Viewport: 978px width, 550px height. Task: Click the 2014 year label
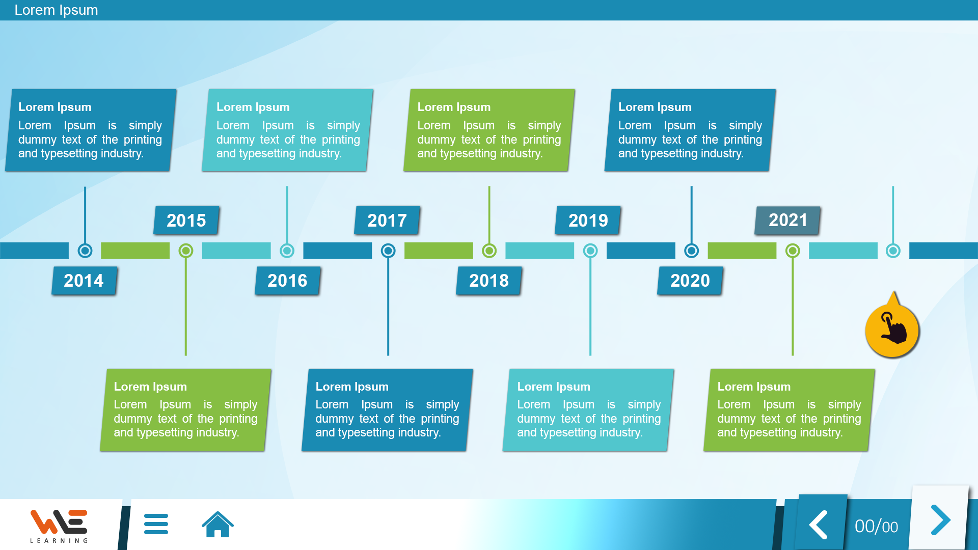[84, 281]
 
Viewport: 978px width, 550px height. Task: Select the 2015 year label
[186, 221]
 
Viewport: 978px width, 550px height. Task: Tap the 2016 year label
[287, 281]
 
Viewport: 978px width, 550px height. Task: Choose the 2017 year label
[387, 221]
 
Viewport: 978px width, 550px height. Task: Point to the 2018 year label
[489, 281]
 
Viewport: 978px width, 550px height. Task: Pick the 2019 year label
[588, 221]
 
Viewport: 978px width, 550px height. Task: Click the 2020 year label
[690, 281]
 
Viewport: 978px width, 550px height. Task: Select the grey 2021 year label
[787, 221]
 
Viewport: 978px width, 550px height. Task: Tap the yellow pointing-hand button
[892, 329]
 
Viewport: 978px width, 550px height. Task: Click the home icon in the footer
[218, 524]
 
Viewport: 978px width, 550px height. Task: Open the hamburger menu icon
[156, 524]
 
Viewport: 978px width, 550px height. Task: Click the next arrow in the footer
[940, 520]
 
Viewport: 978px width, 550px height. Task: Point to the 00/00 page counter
[876, 527]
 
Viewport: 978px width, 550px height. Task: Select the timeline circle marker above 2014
[85, 251]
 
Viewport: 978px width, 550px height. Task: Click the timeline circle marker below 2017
[388, 251]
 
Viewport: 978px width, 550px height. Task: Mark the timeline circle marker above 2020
[691, 251]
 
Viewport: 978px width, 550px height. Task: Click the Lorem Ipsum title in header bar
[56, 10]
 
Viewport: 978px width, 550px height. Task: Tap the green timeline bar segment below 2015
[135, 251]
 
